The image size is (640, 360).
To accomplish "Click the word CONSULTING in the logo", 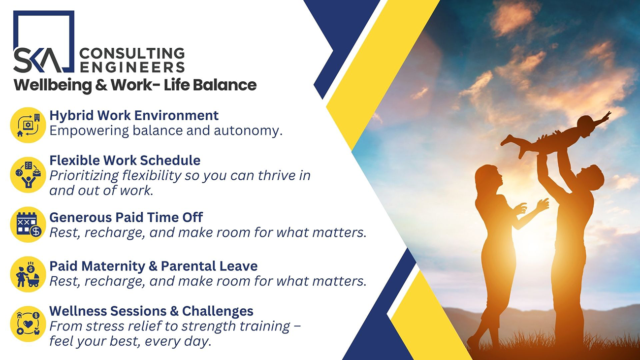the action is point(132,54).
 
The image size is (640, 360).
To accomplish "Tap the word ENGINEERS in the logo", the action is point(132,67).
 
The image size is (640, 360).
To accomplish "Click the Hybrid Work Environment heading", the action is point(134,115).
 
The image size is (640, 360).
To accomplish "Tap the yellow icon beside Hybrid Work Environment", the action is point(28,125).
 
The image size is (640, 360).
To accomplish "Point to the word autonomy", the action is point(248,131).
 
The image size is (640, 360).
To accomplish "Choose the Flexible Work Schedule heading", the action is point(125,160).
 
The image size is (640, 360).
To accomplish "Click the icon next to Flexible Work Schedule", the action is point(28,174).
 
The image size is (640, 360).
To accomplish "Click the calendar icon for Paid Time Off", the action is point(28,225).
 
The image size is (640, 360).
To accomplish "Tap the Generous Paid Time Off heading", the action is point(126,217).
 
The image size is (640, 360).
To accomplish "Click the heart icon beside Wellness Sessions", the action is point(28,324).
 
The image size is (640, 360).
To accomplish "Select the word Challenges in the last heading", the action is point(218,311).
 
